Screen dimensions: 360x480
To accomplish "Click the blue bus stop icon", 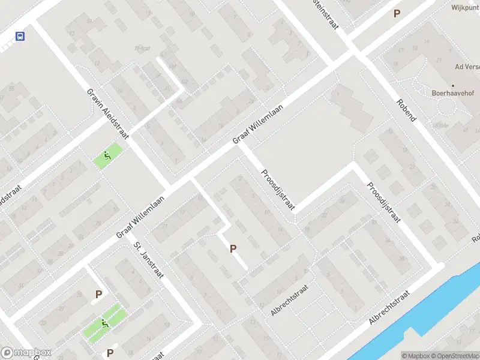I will [x=20, y=36].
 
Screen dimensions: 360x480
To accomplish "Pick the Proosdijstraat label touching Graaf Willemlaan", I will [x=277, y=190].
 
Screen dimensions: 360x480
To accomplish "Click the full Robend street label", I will [x=406, y=109].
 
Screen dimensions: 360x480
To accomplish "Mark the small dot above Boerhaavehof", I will [x=453, y=85].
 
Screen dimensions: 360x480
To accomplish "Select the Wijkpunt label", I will [x=466, y=8].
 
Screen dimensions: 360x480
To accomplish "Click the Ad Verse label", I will [x=467, y=67].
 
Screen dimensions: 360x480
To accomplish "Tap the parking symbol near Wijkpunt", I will [x=396, y=13].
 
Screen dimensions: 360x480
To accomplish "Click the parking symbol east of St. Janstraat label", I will [x=233, y=248].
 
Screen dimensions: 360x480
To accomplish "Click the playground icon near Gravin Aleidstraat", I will [x=107, y=156].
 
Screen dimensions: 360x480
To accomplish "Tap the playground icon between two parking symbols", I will [x=105, y=324].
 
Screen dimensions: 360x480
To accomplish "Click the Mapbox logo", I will [x=26, y=353].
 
